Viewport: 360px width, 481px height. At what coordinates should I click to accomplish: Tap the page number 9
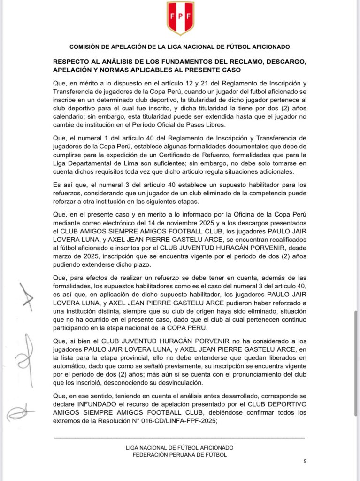[305, 461]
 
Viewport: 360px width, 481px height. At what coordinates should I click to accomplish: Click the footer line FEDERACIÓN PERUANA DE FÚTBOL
[180, 454]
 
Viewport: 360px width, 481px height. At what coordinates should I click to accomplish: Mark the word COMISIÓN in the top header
[86, 47]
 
